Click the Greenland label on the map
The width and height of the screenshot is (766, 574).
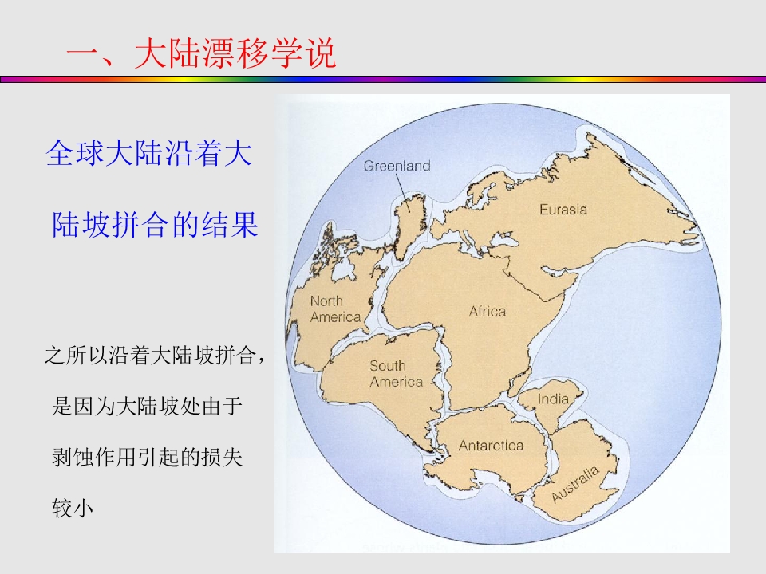[x=397, y=166]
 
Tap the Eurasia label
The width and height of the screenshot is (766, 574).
[x=563, y=210]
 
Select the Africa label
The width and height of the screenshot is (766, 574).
[x=487, y=311]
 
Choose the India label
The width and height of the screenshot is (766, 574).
[x=553, y=399]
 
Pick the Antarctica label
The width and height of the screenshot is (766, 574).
[x=491, y=446]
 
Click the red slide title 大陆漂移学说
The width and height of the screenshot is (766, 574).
[x=235, y=55]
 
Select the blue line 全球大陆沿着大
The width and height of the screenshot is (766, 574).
[x=149, y=154]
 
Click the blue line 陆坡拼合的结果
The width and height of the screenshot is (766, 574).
[x=155, y=225]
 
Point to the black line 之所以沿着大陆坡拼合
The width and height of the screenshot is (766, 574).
[x=154, y=356]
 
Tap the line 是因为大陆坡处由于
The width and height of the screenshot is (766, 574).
[x=146, y=407]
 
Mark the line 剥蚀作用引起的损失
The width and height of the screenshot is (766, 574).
[x=146, y=458]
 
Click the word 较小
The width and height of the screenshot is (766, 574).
[x=73, y=509]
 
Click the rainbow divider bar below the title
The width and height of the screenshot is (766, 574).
[x=383, y=80]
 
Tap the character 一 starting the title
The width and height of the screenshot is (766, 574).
[x=81, y=56]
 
